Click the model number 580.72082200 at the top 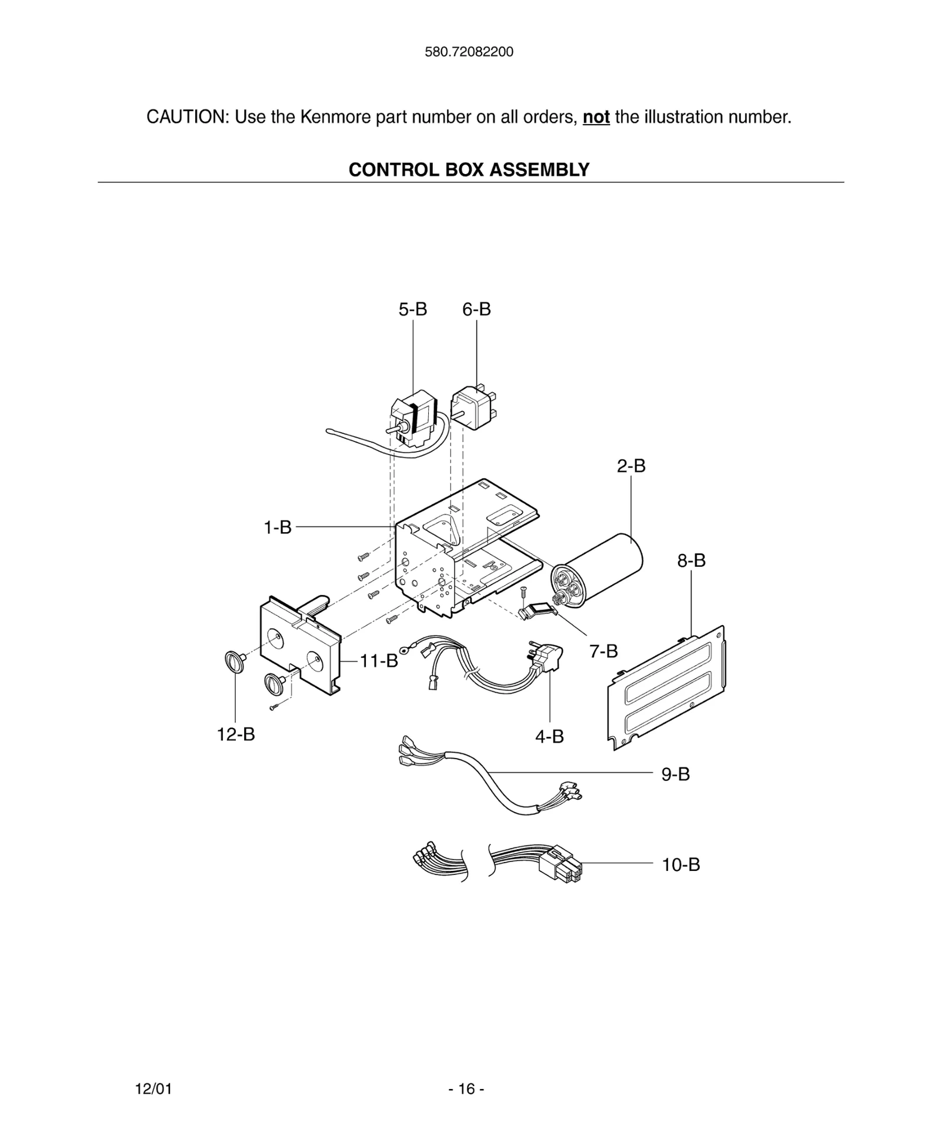[x=469, y=52]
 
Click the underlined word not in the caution [x=596, y=117]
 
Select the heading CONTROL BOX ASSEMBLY [x=469, y=169]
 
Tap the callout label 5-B [x=412, y=309]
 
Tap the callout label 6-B [x=476, y=309]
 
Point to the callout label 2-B [x=631, y=466]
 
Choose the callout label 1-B [x=277, y=527]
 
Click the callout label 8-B [x=691, y=560]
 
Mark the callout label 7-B [x=603, y=651]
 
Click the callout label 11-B [x=379, y=661]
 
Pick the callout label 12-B [x=236, y=734]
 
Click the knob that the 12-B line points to [x=233, y=662]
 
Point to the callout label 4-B [x=549, y=736]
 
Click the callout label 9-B [x=675, y=774]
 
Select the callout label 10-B [x=680, y=865]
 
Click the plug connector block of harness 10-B [x=560, y=866]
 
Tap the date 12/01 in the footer [x=154, y=1089]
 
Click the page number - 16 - [x=466, y=1089]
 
